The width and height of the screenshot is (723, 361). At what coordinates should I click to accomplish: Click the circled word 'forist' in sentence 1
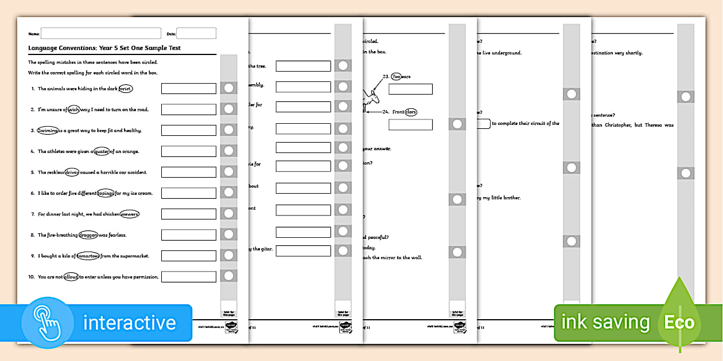pyautogui.click(x=125, y=89)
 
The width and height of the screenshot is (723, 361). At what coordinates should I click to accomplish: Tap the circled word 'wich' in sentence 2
pyautogui.click(x=73, y=109)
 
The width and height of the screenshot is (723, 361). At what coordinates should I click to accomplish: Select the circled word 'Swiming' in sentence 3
pyautogui.click(x=48, y=131)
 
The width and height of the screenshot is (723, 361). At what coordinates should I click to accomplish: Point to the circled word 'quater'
pyautogui.click(x=102, y=151)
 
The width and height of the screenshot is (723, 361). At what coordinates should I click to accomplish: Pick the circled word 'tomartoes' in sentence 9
pyautogui.click(x=88, y=256)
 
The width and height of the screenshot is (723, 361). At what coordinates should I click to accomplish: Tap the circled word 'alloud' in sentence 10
pyautogui.click(x=71, y=277)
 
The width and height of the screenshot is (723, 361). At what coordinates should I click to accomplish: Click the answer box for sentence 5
pyautogui.click(x=188, y=172)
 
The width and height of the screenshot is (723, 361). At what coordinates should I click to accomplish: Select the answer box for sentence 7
pyautogui.click(x=188, y=214)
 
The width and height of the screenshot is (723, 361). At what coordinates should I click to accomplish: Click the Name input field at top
pyautogui.click(x=101, y=33)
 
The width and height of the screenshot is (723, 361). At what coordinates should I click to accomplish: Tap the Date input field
pyautogui.click(x=196, y=33)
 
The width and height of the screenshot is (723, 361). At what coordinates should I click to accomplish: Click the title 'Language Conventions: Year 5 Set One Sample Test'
pyautogui.click(x=104, y=48)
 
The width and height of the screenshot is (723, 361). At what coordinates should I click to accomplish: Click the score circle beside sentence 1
pyautogui.click(x=228, y=88)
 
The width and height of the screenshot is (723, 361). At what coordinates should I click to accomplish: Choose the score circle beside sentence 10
pyautogui.click(x=228, y=276)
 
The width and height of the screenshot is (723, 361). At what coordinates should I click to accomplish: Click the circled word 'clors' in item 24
pyautogui.click(x=410, y=112)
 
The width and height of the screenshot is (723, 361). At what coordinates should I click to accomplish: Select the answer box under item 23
pyautogui.click(x=410, y=89)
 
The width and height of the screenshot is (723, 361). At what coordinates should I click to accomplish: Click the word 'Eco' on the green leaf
pyautogui.click(x=679, y=322)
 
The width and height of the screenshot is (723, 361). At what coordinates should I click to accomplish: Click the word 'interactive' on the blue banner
pyautogui.click(x=129, y=323)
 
